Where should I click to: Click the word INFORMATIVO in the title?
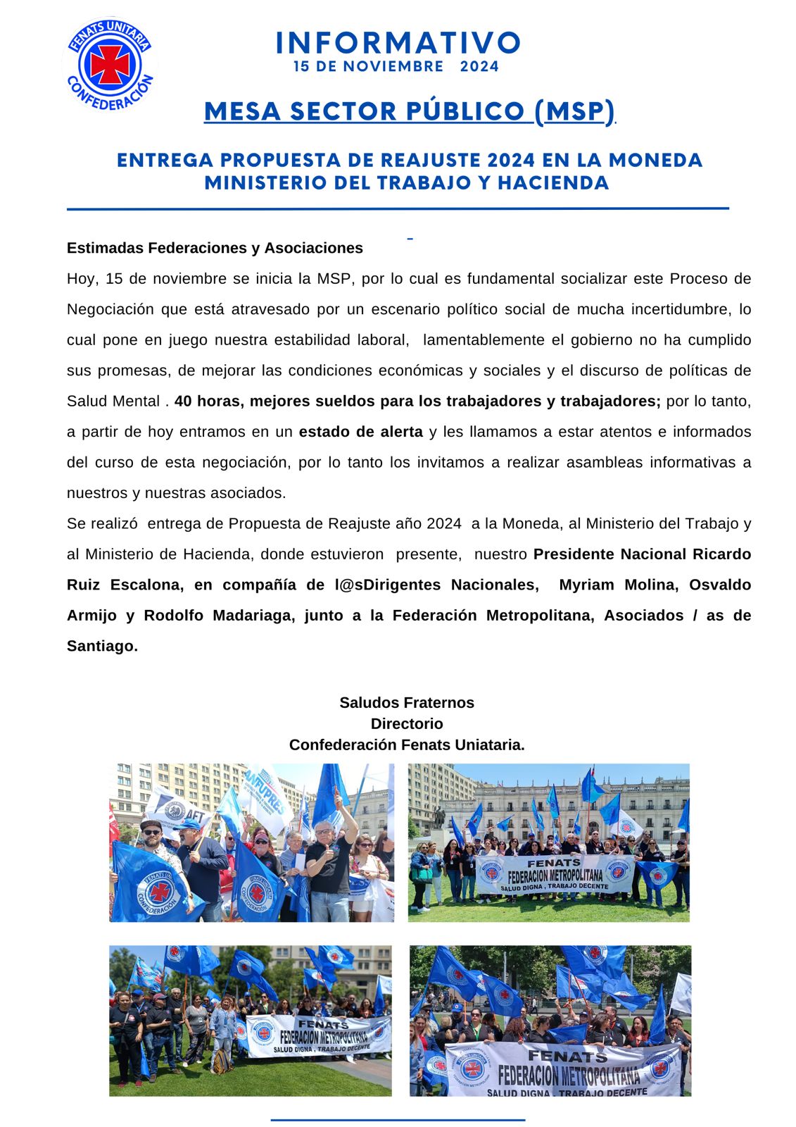tap(398, 43)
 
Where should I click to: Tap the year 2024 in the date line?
tap(479, 67)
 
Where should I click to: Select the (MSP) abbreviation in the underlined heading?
tap(574, 111)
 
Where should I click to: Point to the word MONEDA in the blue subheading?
tap(655, 161)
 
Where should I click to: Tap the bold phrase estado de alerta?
tap(360, 432)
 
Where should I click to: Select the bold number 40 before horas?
tap(183, 401)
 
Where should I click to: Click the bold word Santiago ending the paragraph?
tap(101, 646)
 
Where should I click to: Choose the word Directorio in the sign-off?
tap(407, 724)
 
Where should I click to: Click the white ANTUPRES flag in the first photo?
tap(266, 795)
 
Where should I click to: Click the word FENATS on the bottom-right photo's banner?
tap(567, 1056)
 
